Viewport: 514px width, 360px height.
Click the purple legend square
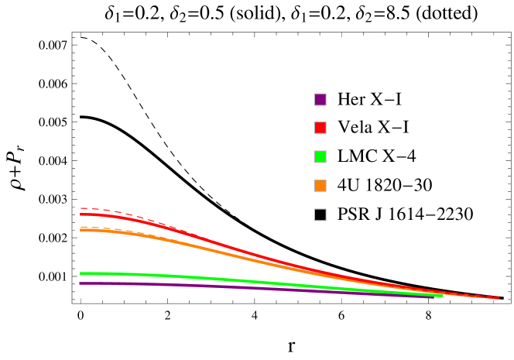320,99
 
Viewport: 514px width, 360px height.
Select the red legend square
320,128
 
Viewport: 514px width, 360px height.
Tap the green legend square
320,156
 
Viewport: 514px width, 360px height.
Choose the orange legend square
320,186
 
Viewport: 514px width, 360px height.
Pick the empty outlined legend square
320,214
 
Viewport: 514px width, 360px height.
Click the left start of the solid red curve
81,214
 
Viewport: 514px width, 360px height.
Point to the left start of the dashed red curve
81,208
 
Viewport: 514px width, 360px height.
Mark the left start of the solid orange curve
81,230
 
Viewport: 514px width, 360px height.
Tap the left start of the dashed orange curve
81,227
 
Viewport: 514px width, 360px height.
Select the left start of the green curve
81,273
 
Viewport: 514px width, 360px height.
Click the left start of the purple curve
81,283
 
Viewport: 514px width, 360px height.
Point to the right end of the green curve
443,295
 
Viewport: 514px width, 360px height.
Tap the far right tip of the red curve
499,298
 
